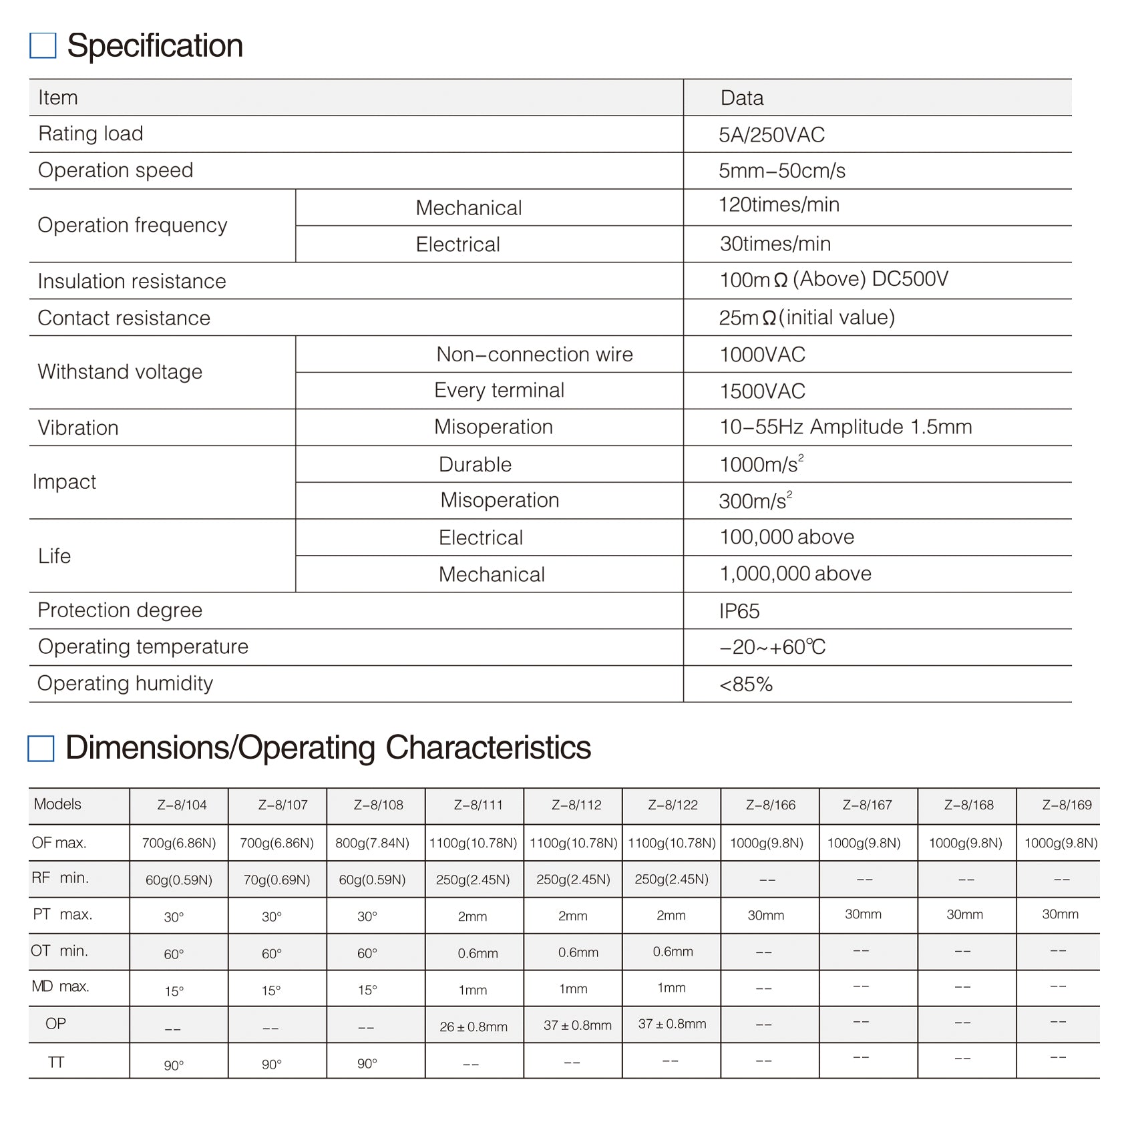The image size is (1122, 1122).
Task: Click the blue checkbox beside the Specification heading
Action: point(43,45)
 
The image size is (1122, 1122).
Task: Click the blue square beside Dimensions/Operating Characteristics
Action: point(41,748)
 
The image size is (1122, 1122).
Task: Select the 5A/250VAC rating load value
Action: point(771,135)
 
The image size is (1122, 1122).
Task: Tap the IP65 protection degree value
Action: point(739,611)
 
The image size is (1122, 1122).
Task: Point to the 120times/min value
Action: point(779,205)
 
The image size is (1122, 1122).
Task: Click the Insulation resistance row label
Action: point(132,281)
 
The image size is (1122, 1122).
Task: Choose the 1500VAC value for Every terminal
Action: point(762,391)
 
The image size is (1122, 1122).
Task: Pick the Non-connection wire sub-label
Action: point(534,355)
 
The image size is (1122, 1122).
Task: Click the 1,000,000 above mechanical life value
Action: point(795,574)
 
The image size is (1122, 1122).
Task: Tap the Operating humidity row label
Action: point(125,683)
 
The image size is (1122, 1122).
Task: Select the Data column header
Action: point(741,98)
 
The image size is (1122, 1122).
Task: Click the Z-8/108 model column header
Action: point(378,805)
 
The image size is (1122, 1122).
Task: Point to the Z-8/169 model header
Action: point(1067,805)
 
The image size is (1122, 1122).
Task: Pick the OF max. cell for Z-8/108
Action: point(372,843)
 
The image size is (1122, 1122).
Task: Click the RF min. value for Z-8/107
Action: point(276,880)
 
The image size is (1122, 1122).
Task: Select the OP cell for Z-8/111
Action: point(474,1026)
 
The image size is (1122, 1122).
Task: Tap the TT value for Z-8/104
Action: point(174,1065)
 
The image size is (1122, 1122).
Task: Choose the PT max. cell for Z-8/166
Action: point(765,915)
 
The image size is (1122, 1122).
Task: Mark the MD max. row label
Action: point(60,986)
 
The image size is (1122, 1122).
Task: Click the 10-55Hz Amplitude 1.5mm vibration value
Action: point(845,427)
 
